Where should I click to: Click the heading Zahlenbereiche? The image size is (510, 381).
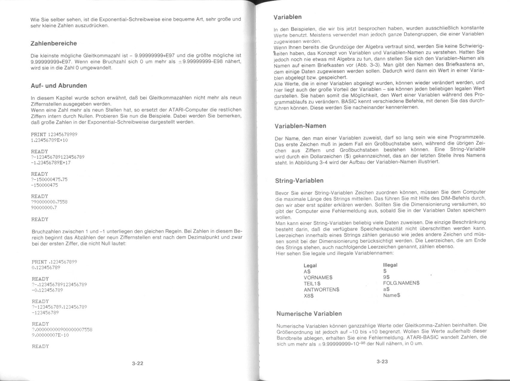pyautogui.click(x=54, y=44)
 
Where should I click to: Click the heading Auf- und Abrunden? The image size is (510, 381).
pyautogui.click(x=59, y=86)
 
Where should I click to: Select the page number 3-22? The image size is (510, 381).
pyautogui.click(x=138, y=363)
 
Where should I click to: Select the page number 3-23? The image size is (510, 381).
pyautogui.click(x=382, y=362)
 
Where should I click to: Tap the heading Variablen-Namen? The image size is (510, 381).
pyautogui.click(x=300, y=126)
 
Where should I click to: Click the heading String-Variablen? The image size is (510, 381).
pyautogui.click(x=299, y=181)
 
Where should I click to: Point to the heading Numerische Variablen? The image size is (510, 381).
pyautogui.click(x=309, y=314)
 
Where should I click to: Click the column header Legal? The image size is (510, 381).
pyautogui.click(x=310, y=266)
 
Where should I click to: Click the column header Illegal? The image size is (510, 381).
pyautogui.click(x=390, y=265)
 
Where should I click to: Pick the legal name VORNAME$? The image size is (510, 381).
pyautogui.click(x=318, y=278)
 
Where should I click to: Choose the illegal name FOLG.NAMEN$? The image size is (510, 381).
pyautogui.click(x=401, y=283)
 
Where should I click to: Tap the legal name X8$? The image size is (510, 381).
pyautogui.click(x=309, y=296)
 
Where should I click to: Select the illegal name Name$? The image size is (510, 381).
pyautogui.click(x=392, y=295)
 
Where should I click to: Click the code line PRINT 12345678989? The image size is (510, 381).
pyautogui.click(x=54, y=134)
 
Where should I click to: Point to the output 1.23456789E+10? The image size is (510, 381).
pyautogui.click(x=49, y=140)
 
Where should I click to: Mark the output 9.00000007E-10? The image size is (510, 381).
pyautogui.click(x=50, y=335)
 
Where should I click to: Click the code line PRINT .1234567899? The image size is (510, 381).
pyautogui.click(x=54, y=262)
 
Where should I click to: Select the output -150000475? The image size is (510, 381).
pyautogui.click(x=45, y=185)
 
